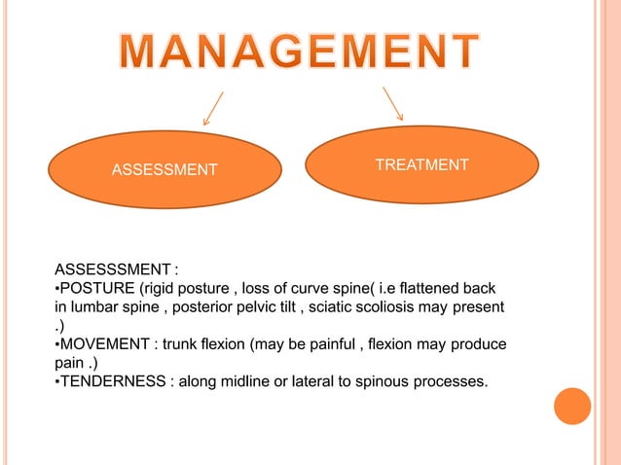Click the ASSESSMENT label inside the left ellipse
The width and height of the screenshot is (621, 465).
(x=164, y=171)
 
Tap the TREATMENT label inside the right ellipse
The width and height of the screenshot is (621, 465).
(x=421, y=165)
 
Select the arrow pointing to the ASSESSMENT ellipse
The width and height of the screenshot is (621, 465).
(x=213, y=108)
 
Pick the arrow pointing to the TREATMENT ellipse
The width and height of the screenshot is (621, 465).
(x=393, y=105)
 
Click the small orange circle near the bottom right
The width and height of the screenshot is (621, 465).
(x=572, y=407)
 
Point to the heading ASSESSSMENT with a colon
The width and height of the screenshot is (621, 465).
(x=116, y=269)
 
